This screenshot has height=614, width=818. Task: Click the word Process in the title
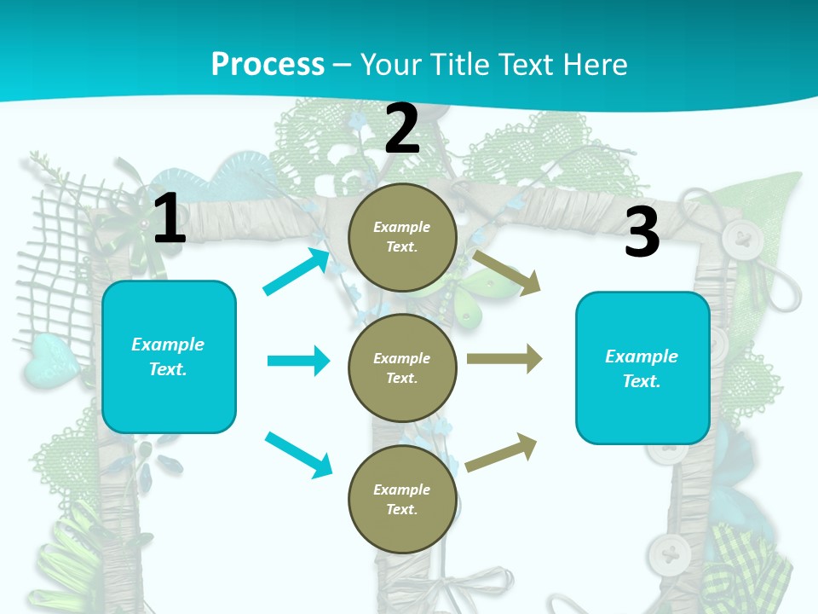click(x=268, y=64)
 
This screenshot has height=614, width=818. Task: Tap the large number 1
click(x=170, y=219)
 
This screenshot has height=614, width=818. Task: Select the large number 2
click(x=402, y=129)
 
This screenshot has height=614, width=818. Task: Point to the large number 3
click(x=642, y=233)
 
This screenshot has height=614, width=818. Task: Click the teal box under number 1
click(x=169, y=356)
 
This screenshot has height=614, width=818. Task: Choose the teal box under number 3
click(x=642, y=368)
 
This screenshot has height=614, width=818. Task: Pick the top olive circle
click(x=402, y=236)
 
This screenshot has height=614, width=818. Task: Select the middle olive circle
click(x=402, y=368)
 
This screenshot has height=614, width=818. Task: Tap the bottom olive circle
click(x=402, y=499)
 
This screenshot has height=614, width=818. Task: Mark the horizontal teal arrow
click(x=298, y=361)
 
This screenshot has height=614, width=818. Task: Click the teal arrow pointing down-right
click(x=298, y=455)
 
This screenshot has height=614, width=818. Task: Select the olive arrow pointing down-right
click(x=507, y=273)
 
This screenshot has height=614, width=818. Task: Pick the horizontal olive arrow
click(x=504, y=359)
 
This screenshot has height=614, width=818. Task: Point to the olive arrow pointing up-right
click(x=502, y=451)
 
